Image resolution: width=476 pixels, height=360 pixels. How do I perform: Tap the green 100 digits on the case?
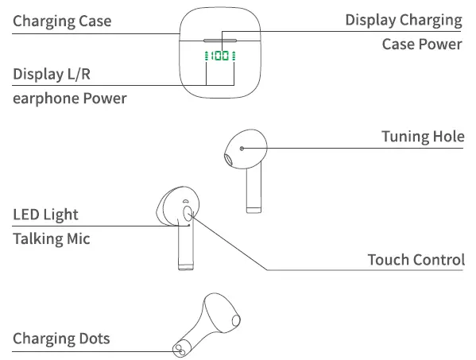[221, 56]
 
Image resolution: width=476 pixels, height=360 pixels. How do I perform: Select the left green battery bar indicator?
[207, 56]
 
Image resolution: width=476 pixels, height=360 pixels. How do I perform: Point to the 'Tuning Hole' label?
[423, 137]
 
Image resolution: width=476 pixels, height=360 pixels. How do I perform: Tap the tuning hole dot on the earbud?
[242, 147]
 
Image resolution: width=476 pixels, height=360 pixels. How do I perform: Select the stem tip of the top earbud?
[253, 208]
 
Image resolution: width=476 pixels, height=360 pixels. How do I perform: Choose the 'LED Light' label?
[45, 215]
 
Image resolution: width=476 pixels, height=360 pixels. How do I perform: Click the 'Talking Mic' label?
[52, 238]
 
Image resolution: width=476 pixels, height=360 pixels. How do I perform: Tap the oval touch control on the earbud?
[188, 214]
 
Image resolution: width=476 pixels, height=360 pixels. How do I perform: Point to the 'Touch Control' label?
[416, 260]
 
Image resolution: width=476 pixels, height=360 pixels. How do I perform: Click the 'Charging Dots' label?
[61, 339]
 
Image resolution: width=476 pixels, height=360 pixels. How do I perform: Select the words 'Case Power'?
[421, 44]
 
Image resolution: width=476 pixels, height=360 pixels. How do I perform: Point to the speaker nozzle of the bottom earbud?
[236, 319]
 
